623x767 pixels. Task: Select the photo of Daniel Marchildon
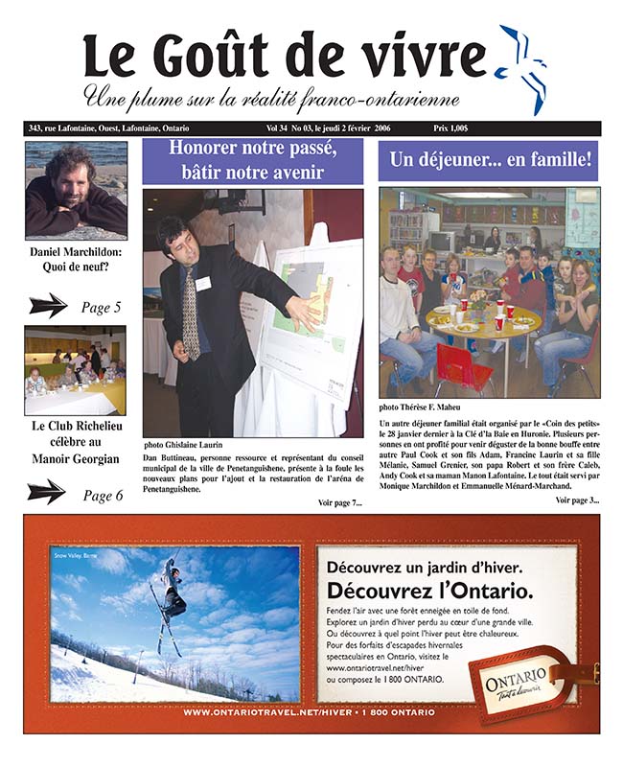76,190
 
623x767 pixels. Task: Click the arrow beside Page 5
48,306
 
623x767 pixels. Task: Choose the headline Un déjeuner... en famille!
488,160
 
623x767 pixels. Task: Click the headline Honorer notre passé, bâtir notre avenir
253,160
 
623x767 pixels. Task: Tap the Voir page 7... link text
339,502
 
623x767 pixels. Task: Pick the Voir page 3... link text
576,500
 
